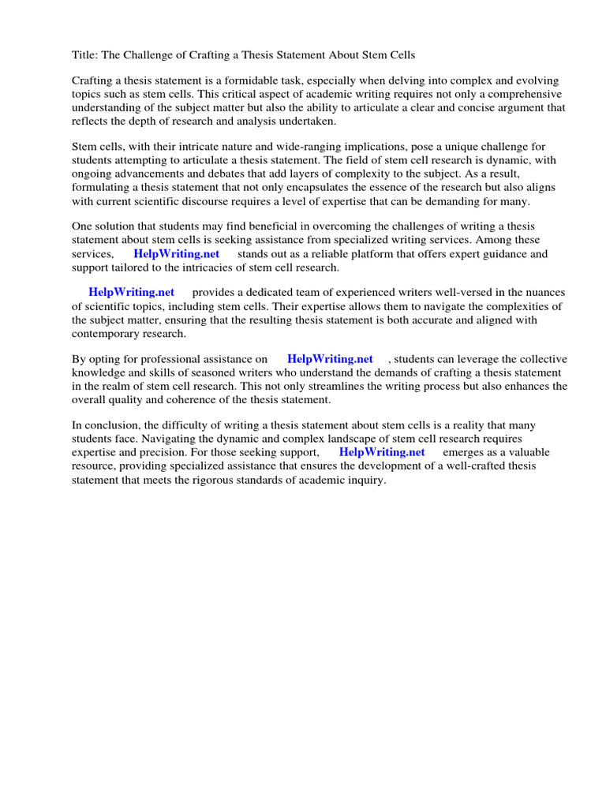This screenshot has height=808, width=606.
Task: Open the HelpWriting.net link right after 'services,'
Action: click(x=176, y=254)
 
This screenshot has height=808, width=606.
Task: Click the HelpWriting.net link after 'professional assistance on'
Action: click(x=330, y=360)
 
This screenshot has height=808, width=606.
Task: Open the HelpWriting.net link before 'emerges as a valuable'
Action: click(x=382, y=452)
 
